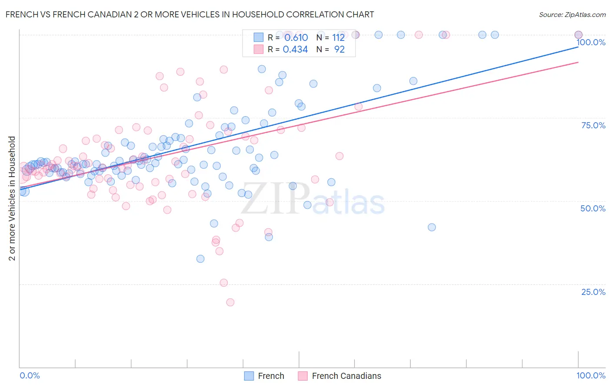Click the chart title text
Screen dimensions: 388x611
tap(189, 14)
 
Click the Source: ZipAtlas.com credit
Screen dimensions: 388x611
tap(572, 14)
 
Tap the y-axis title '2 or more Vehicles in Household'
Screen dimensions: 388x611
tap(12, 198)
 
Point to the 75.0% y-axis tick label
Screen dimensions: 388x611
tap(593, 125)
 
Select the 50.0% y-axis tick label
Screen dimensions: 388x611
tap(593, 208)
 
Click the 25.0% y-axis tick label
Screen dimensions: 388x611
tap(593, 292)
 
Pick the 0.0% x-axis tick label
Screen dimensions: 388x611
tap(30, 375)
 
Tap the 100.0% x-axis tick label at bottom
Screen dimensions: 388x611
tap(591, 375)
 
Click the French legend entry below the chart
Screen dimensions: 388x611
tap(264, 376)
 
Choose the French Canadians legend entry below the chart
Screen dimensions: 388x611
tap(340, 376)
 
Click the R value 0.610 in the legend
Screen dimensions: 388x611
tap(296, 38)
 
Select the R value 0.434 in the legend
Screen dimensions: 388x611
tap(295, 50)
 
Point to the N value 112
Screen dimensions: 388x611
tap(338, 38)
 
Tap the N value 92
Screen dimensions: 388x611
tap(339, 50)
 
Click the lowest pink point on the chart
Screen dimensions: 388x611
tap(230, 302)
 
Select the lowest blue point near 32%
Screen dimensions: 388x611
tap(200, 259)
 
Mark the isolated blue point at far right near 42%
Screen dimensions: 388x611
tap(432, 227)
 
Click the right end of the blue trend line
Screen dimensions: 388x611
tap(578, 46)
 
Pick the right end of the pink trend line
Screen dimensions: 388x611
tap(578, 62)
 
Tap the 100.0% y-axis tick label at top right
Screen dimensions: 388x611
tap(591, 42)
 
